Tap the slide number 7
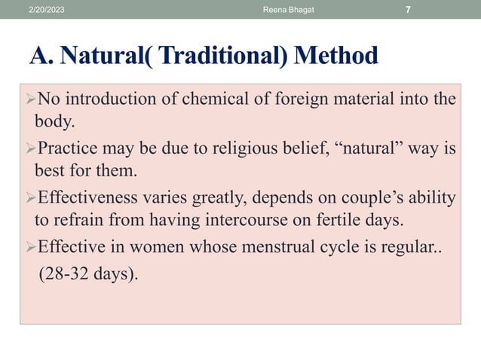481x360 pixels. (408, 9)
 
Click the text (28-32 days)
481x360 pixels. (89, 272)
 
